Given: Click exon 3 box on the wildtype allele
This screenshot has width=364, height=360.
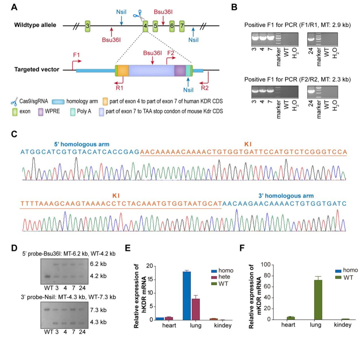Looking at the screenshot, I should point(87,26).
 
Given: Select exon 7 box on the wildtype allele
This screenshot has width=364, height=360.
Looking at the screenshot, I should point(182,26).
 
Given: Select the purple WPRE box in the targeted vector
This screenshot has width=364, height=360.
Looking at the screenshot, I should point(180,71).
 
